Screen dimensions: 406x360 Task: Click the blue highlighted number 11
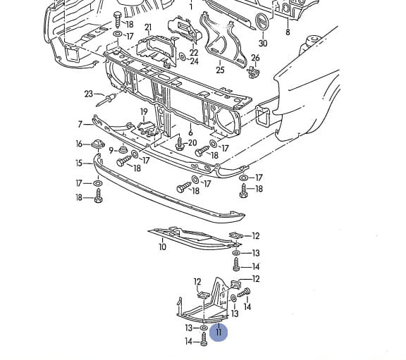point(219,332)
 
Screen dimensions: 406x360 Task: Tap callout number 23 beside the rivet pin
point(89,94)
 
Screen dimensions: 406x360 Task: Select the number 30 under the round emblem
point(263,43)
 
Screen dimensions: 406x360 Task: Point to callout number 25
point(220,70)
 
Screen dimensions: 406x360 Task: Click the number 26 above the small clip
point(255,58)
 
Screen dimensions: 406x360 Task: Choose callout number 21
point(148,27)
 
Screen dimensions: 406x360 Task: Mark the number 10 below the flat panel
point(162,247)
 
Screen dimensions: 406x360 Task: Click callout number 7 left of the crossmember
point(80,124)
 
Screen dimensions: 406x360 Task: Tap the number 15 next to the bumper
point(79,163)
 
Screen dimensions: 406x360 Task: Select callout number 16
point(79,144)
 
